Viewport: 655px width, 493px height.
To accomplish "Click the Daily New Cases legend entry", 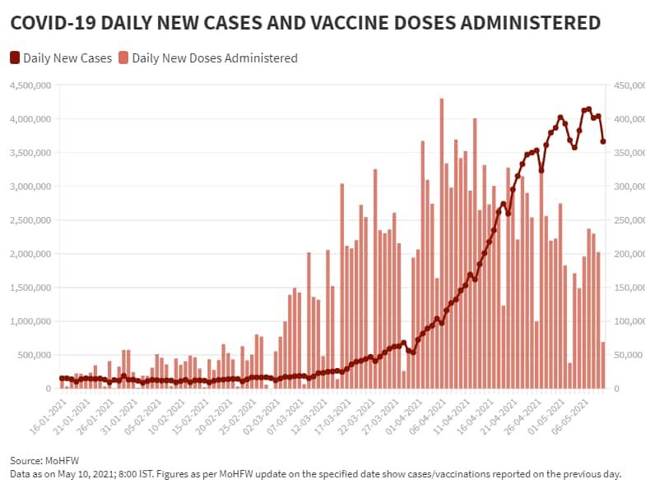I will click(x=67, y=58).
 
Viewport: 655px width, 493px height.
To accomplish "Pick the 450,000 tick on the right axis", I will click(x=625, y=85).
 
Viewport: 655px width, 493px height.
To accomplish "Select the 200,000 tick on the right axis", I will click(x=625, y=254).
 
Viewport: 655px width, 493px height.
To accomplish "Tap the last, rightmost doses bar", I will click(x=603, y=365).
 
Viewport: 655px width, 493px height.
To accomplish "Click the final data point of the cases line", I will click(x=603, y=141).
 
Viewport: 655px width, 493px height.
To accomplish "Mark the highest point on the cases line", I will click(x=588, y=109).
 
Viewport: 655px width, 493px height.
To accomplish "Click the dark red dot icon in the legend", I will click(x=15, y=58).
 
